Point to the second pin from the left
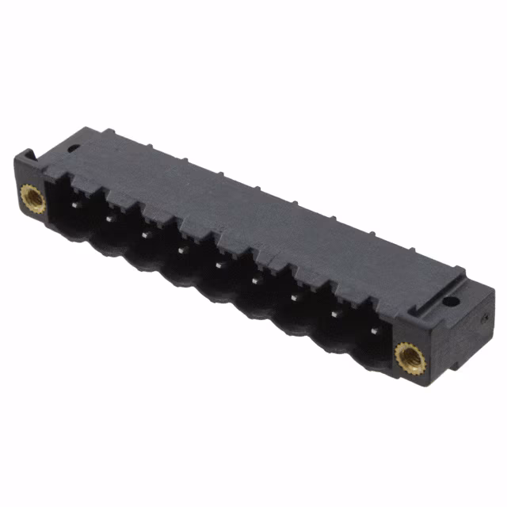pos(109,218)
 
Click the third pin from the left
pos(145,234)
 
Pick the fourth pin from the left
pos(181,250)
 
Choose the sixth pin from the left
pos(255,280)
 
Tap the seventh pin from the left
pos(294,297)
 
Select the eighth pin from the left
pos(333,314)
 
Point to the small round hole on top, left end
pos(72,147)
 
